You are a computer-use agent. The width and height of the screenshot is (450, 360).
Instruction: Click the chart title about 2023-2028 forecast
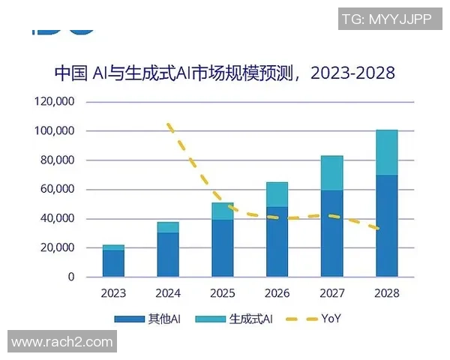point(224,73)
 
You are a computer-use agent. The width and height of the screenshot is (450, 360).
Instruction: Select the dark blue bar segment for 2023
point(113,263)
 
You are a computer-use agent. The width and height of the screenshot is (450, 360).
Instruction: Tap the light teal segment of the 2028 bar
point(386,152)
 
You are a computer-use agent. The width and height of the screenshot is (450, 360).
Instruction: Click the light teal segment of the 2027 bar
point(331,173)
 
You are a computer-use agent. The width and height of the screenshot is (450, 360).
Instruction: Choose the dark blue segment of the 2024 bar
point(168,254)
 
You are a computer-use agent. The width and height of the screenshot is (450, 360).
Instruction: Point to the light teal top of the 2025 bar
point(222,211)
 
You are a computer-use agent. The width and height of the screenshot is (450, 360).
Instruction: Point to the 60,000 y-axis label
point(55,190)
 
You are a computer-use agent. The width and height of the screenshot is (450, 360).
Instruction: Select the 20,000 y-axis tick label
point(55,248)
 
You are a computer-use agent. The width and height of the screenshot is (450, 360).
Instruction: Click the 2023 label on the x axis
point(113,293)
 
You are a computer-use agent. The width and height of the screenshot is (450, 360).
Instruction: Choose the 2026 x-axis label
point(277,293)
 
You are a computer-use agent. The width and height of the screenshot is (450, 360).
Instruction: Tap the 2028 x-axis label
point(386,293)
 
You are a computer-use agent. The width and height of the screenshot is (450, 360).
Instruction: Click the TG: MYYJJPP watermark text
point(385,19)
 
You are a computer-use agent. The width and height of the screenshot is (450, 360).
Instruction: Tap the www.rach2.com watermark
point(61,342)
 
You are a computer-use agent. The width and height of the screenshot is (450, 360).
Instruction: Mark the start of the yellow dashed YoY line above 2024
point(169,124)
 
